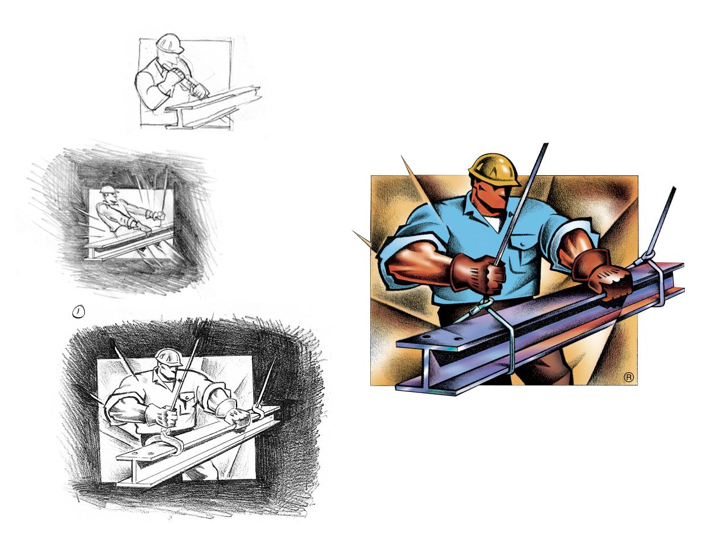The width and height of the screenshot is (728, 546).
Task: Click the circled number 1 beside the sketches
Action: point(78,311)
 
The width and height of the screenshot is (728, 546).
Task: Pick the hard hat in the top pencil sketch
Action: point(169,43)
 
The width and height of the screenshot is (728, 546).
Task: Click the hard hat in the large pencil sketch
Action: point(169,357)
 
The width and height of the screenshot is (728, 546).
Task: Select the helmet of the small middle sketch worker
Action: point(107,190)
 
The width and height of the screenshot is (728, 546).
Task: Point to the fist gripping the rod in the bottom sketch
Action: point(165,416)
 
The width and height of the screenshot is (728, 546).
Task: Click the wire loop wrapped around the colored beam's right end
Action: point(660,282)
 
